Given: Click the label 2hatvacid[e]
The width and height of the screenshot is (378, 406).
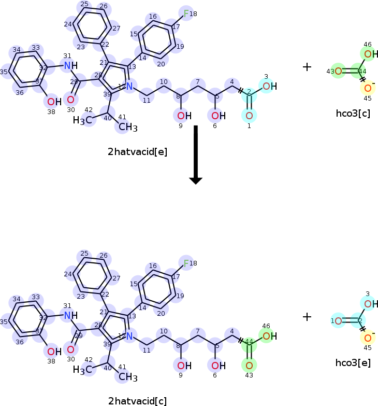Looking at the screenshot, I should pos(137,152).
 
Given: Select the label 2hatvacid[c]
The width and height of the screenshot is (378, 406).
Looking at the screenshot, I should pos(137,400).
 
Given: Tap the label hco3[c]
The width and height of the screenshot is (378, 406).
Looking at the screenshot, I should pos(353,114).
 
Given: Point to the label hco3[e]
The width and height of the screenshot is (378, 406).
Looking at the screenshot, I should pos(353,362).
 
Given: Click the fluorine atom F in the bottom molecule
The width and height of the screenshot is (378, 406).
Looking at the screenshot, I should pos(186,263).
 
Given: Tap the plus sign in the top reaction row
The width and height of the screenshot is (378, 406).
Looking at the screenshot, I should pos(307,67).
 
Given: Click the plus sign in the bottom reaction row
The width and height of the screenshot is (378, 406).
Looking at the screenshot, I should pos(307,316).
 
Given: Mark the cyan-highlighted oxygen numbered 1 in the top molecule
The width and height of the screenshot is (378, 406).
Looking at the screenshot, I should pos(249,115).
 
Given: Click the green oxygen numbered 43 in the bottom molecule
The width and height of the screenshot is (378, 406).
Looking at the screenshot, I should pos(249,365).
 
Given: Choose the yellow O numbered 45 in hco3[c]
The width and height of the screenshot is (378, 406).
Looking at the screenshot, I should pos(367,88).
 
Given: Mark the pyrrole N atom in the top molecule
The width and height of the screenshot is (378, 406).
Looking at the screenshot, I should pos(129,86).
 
